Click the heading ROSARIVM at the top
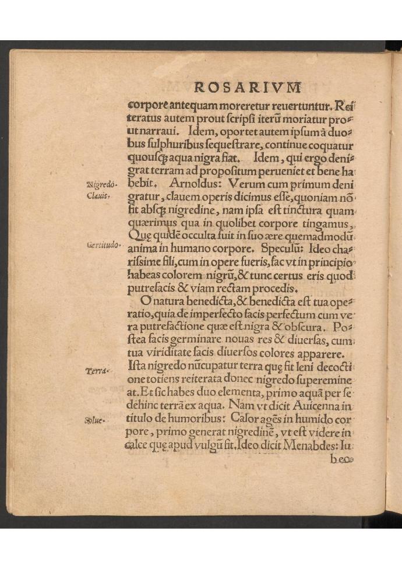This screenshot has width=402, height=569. (x=248, y=88)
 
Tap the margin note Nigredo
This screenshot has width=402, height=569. (x=101, y=185)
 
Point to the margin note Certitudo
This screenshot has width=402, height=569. (x=103, y=246)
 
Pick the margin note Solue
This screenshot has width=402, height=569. (x=94, y=420)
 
